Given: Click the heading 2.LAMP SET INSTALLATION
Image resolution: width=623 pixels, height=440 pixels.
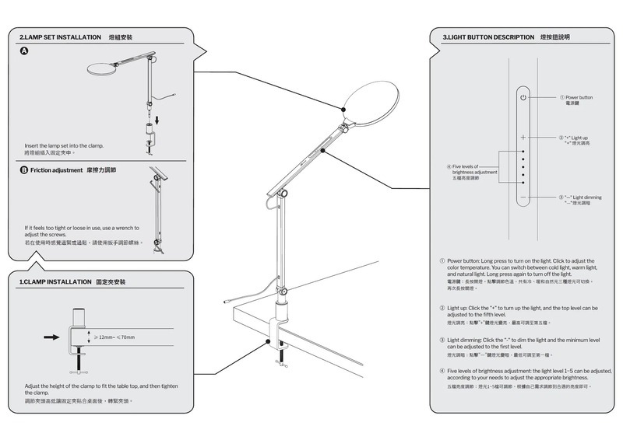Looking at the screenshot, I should tap(60, 37).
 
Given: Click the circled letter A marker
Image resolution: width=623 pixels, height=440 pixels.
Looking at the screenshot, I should tap(24, 51).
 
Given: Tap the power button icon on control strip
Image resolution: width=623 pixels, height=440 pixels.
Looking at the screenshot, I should tap(524, 98).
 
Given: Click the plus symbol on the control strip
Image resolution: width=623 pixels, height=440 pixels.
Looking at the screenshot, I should tap(524, 137).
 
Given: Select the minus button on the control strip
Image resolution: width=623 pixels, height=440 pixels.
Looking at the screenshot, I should tap(524, 198).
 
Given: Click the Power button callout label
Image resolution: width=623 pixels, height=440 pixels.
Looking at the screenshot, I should tap(578, 98).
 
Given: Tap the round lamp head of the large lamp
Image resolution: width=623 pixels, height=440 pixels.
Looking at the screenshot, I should tap(371, 97).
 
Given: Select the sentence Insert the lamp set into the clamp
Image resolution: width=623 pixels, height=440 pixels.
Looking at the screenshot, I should tap(64, 146).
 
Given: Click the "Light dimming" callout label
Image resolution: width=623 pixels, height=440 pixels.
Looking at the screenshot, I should tap(581, 198).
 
